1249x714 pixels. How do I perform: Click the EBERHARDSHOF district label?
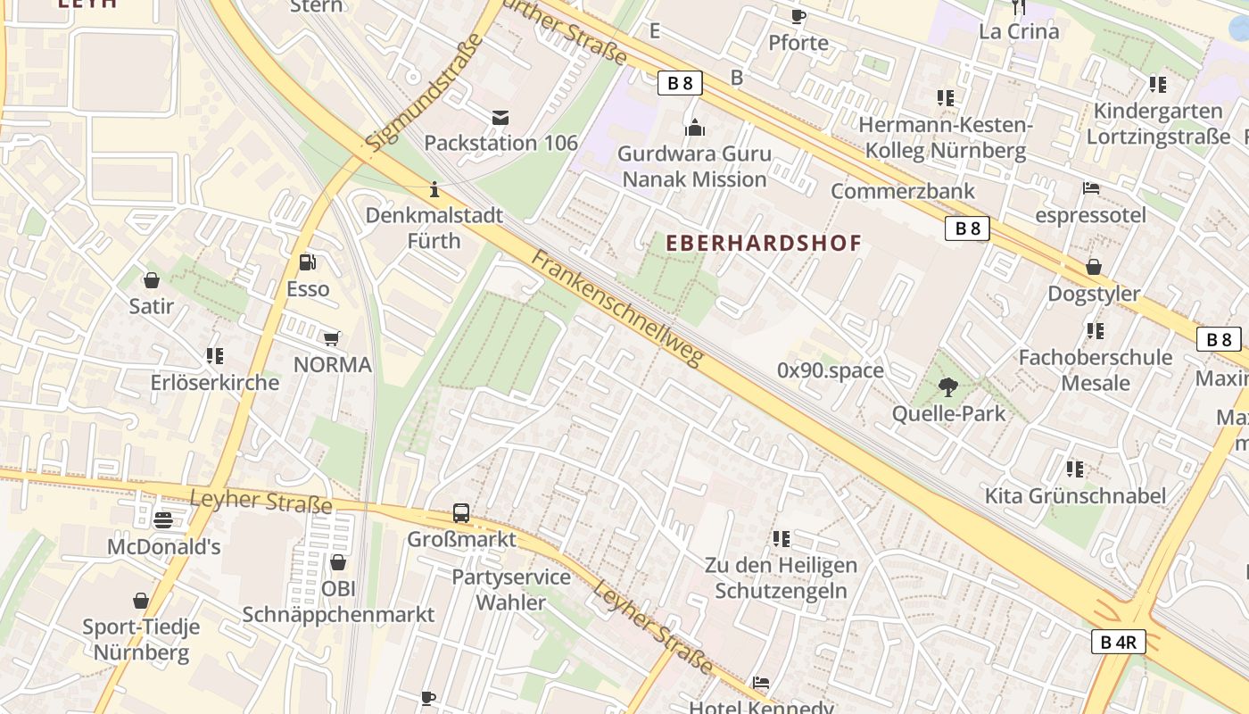coord(764,243)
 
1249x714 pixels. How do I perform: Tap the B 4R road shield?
coord(1118,641)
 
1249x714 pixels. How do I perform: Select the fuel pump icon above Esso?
coord(308,262)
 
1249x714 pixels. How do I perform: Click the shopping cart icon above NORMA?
coord(332,338)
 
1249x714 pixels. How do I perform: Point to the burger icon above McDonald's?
coord(162,519)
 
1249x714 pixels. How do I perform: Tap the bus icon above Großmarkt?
coord(461,513)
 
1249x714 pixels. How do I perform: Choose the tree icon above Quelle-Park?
coord(947,387)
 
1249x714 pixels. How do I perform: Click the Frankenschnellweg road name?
coord(618,308)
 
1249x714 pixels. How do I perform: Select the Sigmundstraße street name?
coord(423,92)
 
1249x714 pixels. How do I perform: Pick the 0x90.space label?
coord(830,370)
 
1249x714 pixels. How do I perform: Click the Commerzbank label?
coord(903,191)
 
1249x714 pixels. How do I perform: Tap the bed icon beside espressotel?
coord(1090,188)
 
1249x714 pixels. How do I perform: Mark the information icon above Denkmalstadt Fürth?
coord(434,189)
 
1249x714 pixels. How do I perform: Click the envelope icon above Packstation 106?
coord(500,117)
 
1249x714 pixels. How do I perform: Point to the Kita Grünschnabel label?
coord(1075,496)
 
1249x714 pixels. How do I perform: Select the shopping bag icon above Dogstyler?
coord(1093,267)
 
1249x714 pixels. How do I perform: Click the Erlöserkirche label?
coord(215,383)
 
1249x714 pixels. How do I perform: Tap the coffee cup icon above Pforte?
coord(798,16)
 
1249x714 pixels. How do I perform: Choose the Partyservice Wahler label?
coord(511,589)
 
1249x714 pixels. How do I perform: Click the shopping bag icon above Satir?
coord(151,280)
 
